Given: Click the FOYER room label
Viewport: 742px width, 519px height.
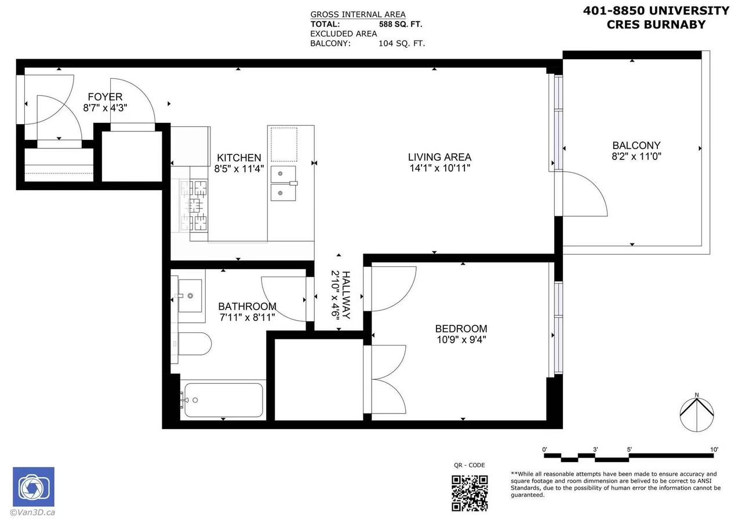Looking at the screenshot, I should coord(105,97).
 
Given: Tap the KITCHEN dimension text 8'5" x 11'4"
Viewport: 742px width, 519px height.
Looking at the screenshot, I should coord(239,169).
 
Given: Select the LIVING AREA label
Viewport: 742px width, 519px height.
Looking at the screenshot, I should coord(439,157).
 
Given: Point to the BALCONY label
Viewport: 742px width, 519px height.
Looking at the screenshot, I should coord(636,146).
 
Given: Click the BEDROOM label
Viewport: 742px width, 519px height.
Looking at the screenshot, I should coord(461,329).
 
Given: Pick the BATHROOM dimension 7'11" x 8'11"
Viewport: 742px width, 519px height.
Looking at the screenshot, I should coord(247,318).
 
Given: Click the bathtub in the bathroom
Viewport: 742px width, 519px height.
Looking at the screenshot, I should coord(222,400).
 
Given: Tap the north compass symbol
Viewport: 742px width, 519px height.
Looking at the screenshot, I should coord(696,413).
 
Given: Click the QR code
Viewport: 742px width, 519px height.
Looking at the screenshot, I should coord(469,492).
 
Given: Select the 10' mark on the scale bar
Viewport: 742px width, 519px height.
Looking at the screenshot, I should coord(714,449).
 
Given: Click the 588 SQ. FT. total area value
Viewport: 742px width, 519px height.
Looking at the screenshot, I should coord(401,24).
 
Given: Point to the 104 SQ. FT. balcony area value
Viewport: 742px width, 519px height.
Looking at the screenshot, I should coord(401,43).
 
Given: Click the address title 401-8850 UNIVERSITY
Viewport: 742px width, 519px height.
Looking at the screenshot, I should coord(656,10).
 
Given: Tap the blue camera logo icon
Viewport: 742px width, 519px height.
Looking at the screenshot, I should coord(34,487).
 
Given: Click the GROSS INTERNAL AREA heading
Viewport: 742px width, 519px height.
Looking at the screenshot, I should coord(358,14).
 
